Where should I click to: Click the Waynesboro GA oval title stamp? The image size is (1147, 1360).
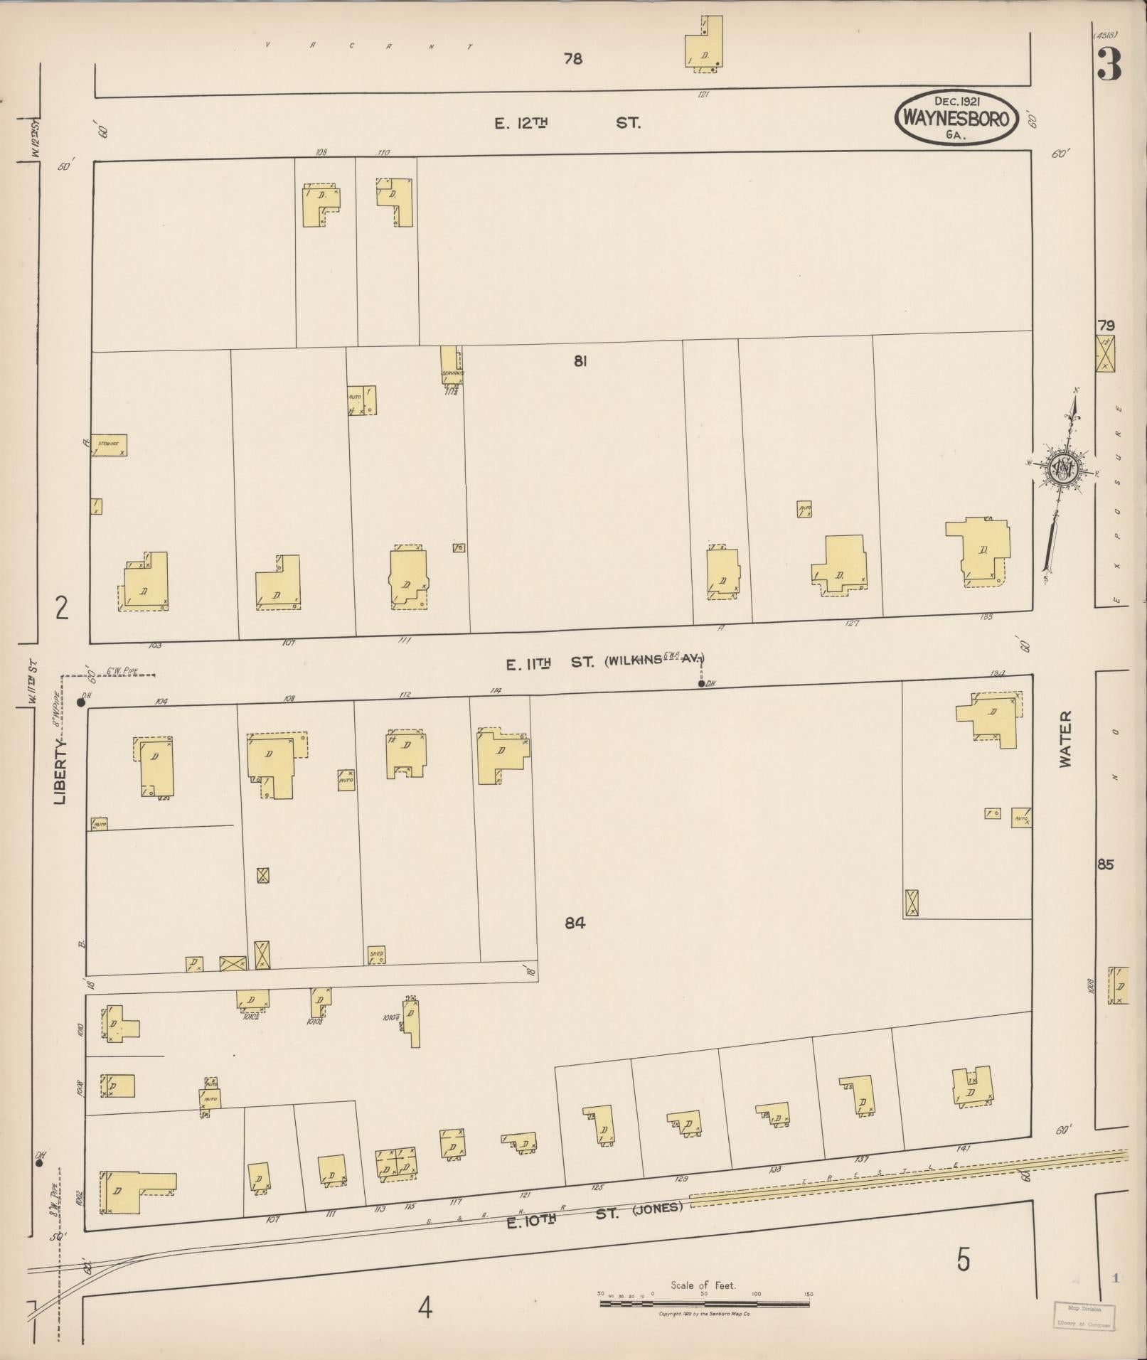[x=955, y=118]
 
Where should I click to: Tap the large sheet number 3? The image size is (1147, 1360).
[x=1109, y=65]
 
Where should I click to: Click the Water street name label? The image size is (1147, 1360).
[x=1065, y=739]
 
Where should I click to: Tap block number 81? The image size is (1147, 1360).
[x=580, y=361]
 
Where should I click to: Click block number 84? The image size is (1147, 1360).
[x=575, y=923]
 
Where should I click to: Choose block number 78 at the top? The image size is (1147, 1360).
[x=572, y=59]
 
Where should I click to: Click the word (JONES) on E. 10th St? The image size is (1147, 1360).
[x=657, y=1206]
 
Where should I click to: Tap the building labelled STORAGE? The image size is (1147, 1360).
[x=109, y=444]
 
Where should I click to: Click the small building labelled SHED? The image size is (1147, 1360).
[x=376, y=955]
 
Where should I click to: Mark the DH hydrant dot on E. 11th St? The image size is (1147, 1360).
[x=701, y=684]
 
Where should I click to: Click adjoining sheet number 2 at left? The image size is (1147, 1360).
[x=62, y=609]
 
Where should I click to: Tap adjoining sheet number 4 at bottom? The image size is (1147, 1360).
[x=425, y=1307]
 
